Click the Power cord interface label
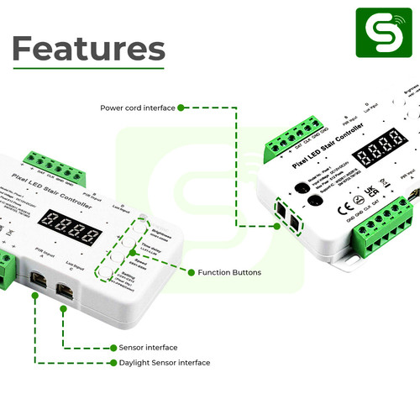tap(137, 108)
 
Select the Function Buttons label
tap(229, 272)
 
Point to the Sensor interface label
tap(149, 347)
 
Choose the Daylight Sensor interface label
tap(165, 363)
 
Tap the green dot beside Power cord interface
tap(181, 108)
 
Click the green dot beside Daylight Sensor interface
tap(113, 363)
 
